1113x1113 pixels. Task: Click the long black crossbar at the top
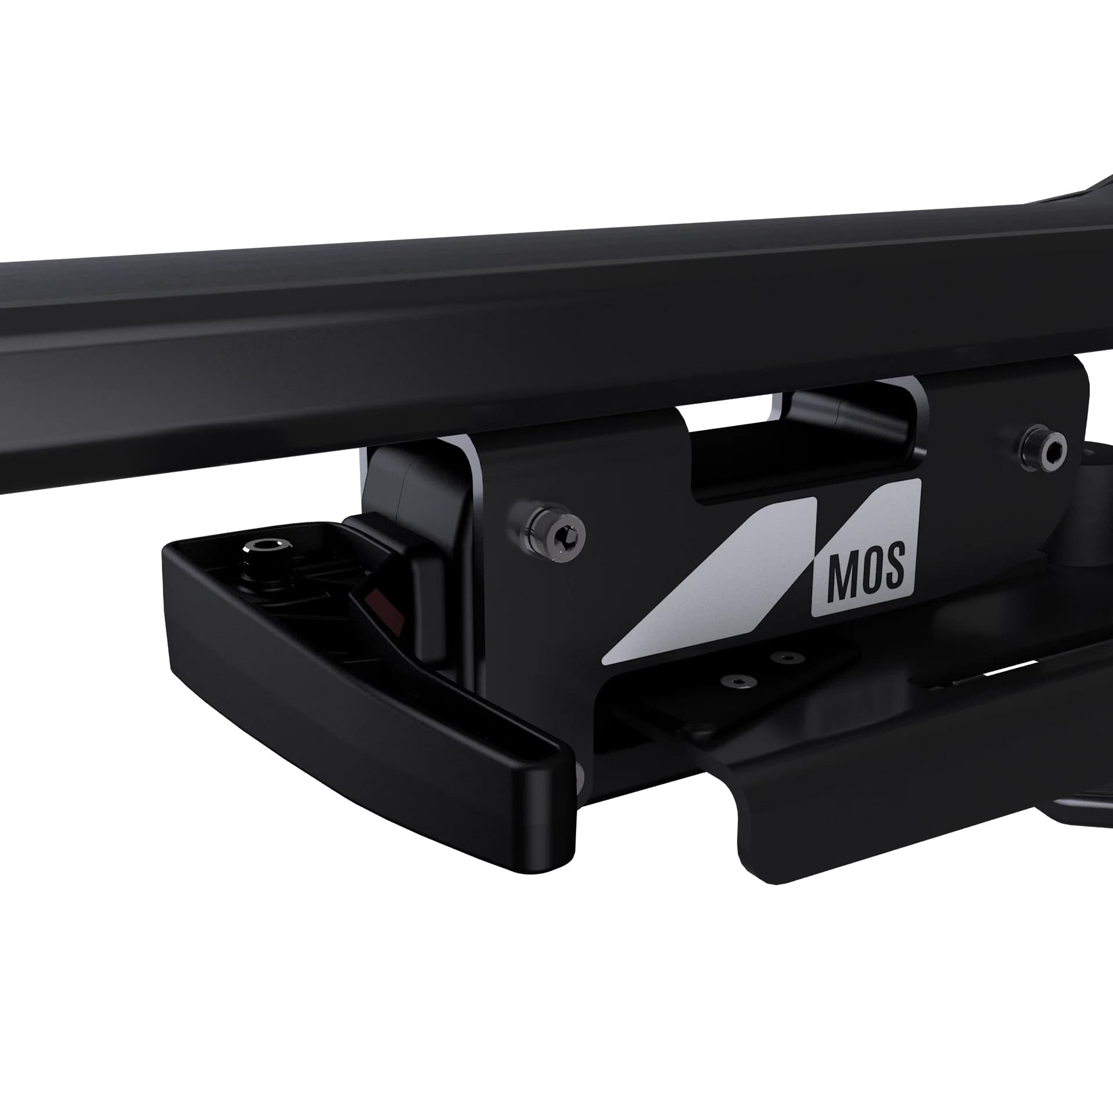point(464,325)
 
